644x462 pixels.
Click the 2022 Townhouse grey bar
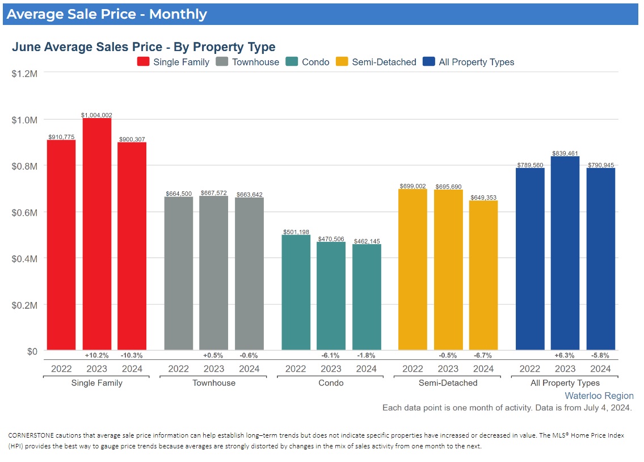click(179, 273)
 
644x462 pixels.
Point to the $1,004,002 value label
click(97, 115)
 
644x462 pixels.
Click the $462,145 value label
click(367, 241)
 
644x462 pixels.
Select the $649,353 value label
click(483, 198)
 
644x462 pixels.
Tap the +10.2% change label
click(96, 355)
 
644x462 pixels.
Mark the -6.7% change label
click(483, 355)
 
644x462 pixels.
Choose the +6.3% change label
click(565, 355)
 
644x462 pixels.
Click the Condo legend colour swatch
click(292, 62)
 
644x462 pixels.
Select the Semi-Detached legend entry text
click(384, 62)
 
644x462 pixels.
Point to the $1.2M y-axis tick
click(24, 73)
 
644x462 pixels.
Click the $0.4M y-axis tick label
click(24, 258)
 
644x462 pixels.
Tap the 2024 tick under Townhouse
click(249, 368)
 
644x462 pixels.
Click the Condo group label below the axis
click(331, 383)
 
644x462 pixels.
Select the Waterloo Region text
click(599, 396)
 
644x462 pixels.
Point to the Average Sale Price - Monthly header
click(107, 14)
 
